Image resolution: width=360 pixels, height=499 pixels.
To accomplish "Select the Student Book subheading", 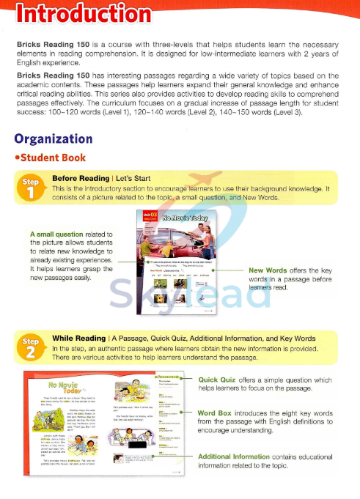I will pos(63,158).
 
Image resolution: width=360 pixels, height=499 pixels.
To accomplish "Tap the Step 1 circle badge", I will pos(32,186).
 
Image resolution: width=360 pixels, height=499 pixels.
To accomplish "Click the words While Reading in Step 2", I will pos(77,339).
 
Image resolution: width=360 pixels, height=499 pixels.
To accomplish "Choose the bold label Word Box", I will pos(216,413).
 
